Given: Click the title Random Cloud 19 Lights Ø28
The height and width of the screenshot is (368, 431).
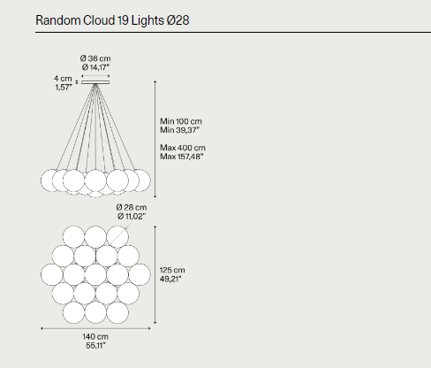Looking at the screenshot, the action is [x=112, y=20].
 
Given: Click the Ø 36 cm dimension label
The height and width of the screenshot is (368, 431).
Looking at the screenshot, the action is [x=95, y=58].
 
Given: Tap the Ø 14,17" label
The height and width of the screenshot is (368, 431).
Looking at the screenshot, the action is [x=95, y=67].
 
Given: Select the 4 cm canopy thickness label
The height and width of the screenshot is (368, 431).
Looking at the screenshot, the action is [x=63, y=79].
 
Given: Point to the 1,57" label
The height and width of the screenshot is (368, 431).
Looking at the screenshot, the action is [x=64, y=88].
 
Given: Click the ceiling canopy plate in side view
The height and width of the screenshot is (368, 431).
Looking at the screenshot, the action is [x=95, y=82].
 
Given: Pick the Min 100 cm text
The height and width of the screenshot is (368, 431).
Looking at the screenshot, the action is [x=181, y=121].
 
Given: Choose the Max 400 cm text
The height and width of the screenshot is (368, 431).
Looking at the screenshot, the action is [x=183, y=148].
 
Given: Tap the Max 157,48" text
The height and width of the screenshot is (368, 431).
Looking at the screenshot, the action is [x=182, y=157].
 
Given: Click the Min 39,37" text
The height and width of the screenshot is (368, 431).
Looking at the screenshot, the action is [x=179, y=130].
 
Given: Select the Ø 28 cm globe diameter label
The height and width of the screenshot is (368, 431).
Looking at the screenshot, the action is [x=132, y=207].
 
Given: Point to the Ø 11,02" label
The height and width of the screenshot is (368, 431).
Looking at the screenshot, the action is [x=132, y=216].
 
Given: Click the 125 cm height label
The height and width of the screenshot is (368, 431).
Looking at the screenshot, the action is [x=172, y=270].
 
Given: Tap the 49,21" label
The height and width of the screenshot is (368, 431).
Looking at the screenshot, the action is [x=170, y=279].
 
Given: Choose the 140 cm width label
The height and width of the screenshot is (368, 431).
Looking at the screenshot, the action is [x=95, y=336].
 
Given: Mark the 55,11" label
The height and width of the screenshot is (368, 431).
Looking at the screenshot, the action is [x=95, y=345].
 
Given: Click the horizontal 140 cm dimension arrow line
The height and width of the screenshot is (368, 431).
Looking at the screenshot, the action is [x=95, y=328].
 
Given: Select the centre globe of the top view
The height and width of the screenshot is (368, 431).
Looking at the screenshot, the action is [x=95, y=275].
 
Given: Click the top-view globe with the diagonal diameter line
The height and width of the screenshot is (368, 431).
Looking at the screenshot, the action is [x=117, y=236].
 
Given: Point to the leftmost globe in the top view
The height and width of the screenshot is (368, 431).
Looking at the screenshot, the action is [x=52, y=275].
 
